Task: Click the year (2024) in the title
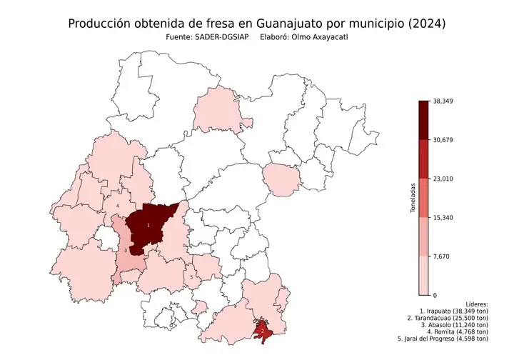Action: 424,24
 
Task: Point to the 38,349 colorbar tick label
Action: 443,101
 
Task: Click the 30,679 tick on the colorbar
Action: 443,140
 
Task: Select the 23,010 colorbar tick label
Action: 443,179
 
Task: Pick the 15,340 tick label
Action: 443,217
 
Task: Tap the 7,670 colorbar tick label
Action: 440,256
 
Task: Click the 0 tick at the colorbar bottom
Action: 435,294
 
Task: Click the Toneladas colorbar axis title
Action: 413,198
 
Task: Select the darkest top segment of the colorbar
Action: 424,119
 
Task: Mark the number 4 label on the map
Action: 117,206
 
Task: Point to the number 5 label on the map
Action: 191,276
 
